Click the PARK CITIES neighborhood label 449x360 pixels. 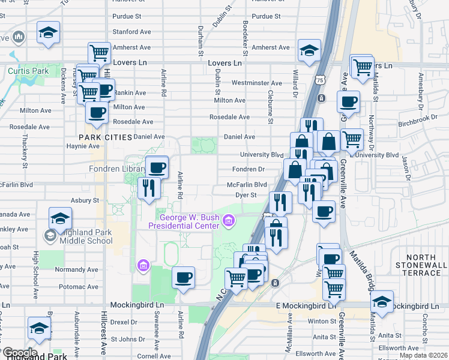pyautogui.click(x=105, y=137)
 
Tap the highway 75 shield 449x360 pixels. pyautogui.click(x=320, y=79)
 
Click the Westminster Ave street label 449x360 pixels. pyautogui.click(x=256, y=83)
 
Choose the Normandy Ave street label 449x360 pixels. pyautogui.click(x=72, y=270)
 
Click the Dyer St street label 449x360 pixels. pyautogui.click(x=246, y=194)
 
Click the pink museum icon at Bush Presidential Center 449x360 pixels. pyautogui.click(x=228, y=223)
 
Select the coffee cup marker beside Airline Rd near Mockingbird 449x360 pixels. pyautogui.click(x=183, y=278)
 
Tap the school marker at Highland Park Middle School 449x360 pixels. pyautogui.click(x=60, y=218)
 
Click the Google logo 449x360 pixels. pyautogui.click(x=19, y=353)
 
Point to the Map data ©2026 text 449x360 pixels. pyautogui.click(x=423, y=355)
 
